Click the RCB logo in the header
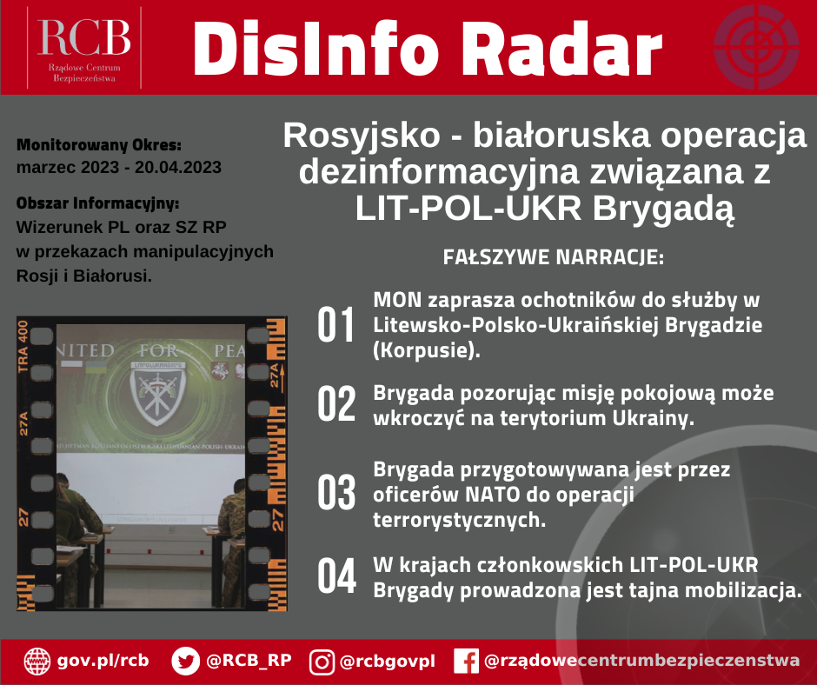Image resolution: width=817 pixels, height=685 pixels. pyautogui.click(x=83, y=47)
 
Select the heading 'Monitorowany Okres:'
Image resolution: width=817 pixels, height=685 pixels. pyautogui.click(x=99, y=143)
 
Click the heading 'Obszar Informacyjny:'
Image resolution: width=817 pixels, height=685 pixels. pyautogui.click(x=97, y=203)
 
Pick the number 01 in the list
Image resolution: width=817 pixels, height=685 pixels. pyautogui.click(x=336, y=325)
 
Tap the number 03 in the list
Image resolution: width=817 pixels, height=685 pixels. pyautogui.click(x=336, y=493)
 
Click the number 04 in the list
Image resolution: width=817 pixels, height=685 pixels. pyautogui.click(x=336, y=576)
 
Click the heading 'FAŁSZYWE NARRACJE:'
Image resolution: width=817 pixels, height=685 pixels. pyautogui.click(x=553, y=258)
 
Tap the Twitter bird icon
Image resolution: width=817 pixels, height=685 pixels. pyautogui.click(x=186, y=662)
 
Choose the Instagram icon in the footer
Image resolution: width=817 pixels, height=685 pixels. pyautogui.click(x=322, y=662)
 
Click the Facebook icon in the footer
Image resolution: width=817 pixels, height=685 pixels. pyautogui.click(x=466, y=662)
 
